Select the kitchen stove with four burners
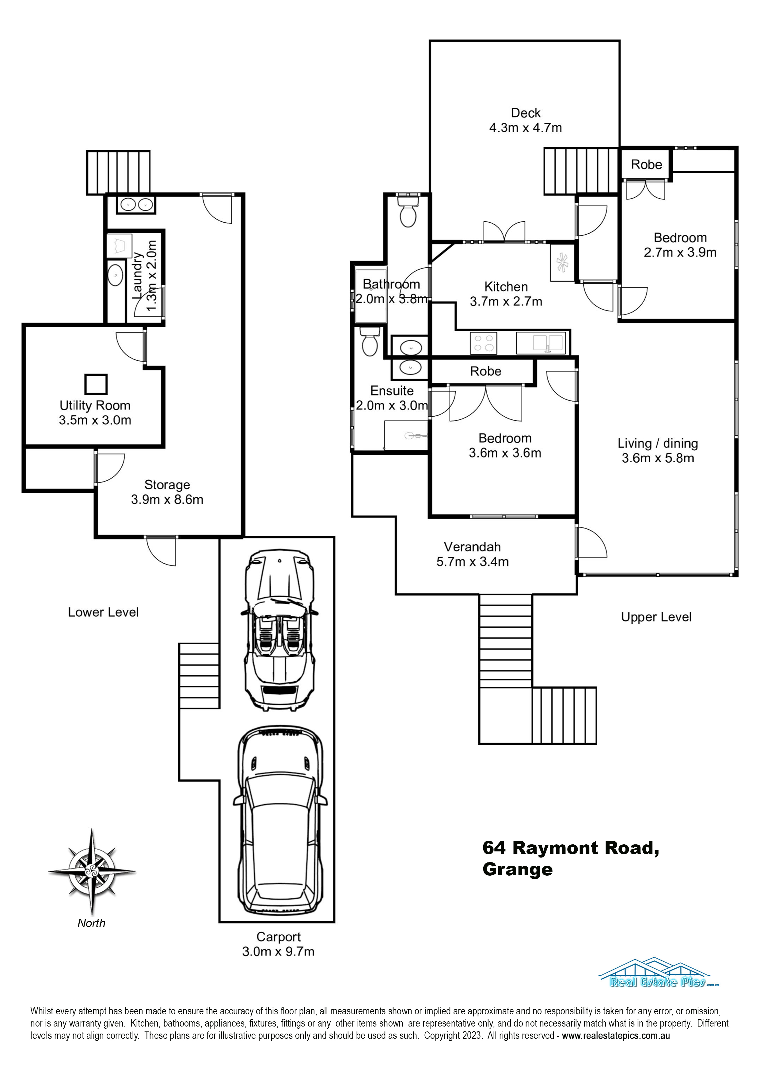coord(484,343)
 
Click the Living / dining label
coord(657,443)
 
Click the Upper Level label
coord(656,617)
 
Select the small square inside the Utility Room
coord(96,384)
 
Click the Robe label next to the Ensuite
coord(486,371)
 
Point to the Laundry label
coord(137,276)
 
